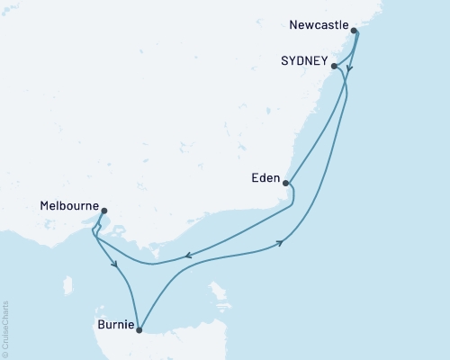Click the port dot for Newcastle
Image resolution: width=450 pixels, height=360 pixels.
click(354, 31)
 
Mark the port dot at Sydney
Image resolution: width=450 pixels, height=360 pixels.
click(334, 66)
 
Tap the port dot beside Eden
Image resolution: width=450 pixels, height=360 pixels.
click(285, 184)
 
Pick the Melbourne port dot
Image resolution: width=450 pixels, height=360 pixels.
click(104, 212)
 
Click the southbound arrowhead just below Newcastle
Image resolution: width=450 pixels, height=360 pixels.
click(350, 67)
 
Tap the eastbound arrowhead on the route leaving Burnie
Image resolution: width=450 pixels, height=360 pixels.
click(283, 242)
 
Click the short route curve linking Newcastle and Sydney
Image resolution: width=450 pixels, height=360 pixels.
click(345, 49)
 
